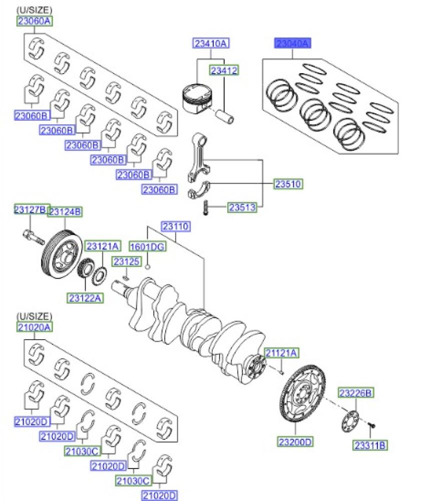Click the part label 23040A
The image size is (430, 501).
pyautogui.click(x=292, y=44)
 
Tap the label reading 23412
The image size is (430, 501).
pyautogui.click(x=224, y=71)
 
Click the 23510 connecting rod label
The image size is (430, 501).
pyautogui.click(x=288, y=184)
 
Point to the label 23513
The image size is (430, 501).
pyautogui.click(x=243, y=207)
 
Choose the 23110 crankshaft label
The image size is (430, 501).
pyautogui.click(x=175, y=226)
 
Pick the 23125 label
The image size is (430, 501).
pyautogui.click(x=125, y=262)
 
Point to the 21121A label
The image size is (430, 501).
pyautogui.click(x=281, y=353)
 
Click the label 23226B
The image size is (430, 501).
pyautogui.click(x=356, y=393)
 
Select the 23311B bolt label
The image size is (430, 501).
pyautogui.click(x=371, y=445)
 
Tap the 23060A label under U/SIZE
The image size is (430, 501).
pyautogui.click(x=35, y=21)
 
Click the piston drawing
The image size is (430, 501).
pyautogui.click(x=198, y=98)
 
